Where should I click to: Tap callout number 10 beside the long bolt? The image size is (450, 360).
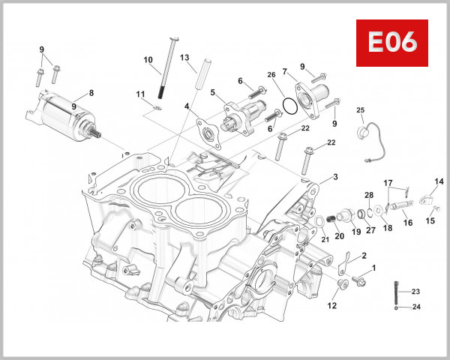148,60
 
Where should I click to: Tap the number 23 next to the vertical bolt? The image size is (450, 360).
416,292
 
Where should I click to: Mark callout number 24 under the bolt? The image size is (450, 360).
416,307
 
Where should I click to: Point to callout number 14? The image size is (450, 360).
439,181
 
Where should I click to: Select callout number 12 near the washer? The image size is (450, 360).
332,306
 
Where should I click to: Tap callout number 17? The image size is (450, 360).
388,182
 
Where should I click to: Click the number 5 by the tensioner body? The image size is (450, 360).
213,93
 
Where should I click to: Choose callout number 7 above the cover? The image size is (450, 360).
284,72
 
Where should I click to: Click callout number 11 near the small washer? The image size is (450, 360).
139,94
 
